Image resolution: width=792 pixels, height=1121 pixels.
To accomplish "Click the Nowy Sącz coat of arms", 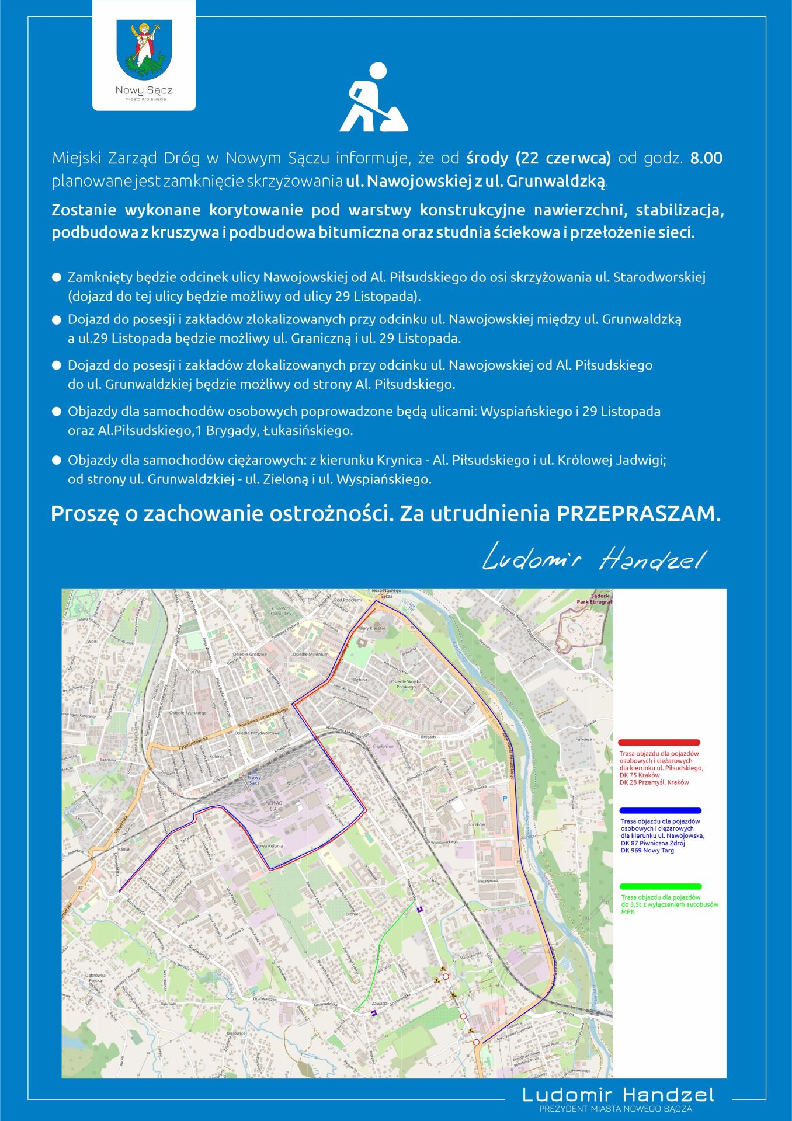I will pos(144,50).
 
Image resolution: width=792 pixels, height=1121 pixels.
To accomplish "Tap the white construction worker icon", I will pos(373,98).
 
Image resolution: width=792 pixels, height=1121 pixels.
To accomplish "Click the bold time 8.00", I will pos(706,158).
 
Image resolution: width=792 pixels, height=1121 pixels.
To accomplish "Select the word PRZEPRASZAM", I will pos(638,514).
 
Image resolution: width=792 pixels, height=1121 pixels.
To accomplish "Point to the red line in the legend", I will pos(659,742).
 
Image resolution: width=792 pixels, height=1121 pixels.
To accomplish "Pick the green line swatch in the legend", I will pos(661,886).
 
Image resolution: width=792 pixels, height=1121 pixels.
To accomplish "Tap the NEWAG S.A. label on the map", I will pos(273,805).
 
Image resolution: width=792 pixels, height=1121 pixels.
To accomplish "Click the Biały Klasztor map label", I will pos(372,628).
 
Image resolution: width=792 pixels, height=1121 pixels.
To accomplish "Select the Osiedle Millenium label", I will pos(311,655).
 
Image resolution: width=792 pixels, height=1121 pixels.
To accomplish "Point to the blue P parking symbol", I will pos(505,798).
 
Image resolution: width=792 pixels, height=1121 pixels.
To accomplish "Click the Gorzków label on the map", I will pos(476,824).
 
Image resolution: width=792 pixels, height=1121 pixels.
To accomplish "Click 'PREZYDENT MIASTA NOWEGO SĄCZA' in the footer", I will pos(615,1108).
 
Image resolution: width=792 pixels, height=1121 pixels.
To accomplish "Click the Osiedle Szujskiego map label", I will pos(188,713).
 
